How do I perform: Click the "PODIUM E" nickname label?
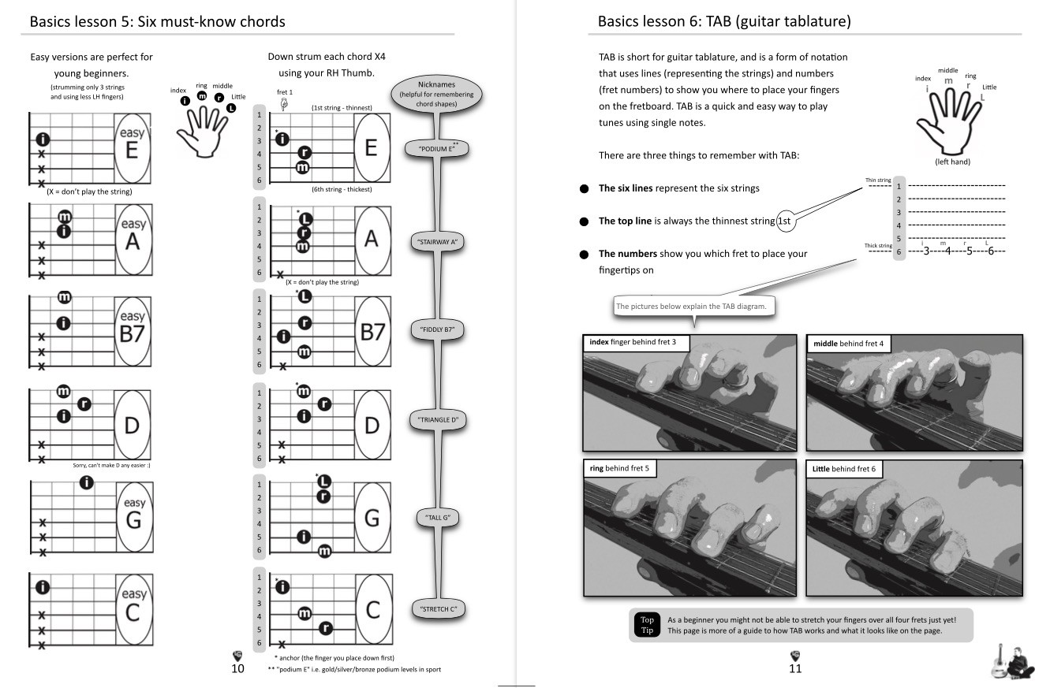(x=436, y=148)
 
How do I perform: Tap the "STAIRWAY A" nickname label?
(x=436, y=242)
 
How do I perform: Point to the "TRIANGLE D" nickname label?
(x=438, y=420)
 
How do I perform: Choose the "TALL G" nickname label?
(x=437, y=518)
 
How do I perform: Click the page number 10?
(x=237, y=668)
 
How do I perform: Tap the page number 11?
(x=795, y=668)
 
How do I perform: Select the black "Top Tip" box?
(x=647, y=625)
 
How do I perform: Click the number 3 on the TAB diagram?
(x=926, y=251)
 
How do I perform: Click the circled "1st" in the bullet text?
(x=785, y=221)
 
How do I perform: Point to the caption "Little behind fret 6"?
(x=844, y=469)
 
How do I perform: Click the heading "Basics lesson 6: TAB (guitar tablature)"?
(x=724, y=21)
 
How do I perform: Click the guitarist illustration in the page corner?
(x=1011, y=660)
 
